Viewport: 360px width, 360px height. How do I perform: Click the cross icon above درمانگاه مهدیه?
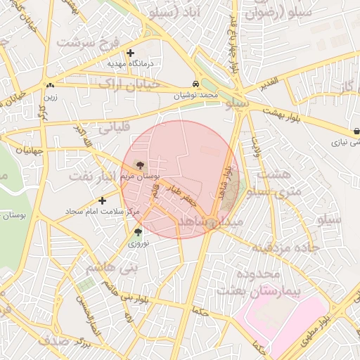point(130,53)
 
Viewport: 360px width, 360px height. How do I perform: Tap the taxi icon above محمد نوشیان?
point(195,82)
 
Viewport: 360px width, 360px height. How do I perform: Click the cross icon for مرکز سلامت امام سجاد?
point(103,200)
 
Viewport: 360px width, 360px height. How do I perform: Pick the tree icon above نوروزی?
point(137,232)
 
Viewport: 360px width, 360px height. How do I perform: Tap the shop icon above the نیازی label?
point(357,131)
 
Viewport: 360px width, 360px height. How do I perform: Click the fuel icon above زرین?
point(50,86)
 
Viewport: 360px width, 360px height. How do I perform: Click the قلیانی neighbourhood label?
point(114,129)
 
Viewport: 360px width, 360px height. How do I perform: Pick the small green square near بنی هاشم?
point(86,284)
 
